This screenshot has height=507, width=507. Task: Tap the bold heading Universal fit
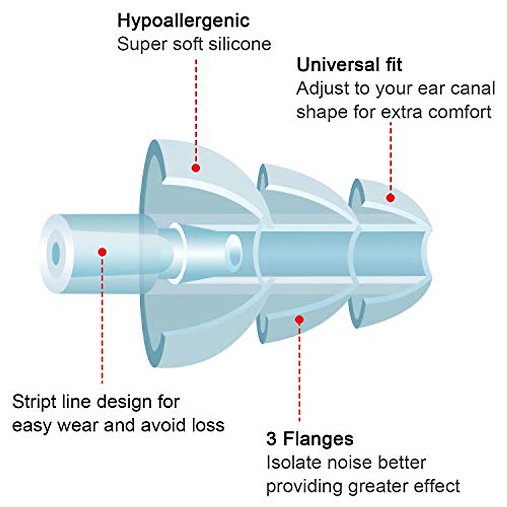pos(349,65)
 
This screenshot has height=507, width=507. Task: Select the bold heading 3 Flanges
pos(310,439)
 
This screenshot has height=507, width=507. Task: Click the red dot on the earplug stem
pos(102,252)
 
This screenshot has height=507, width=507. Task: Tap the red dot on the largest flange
pos(196,168)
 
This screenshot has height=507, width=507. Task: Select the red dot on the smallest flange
pos(390,197)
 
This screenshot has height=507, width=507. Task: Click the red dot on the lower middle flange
pos(299,320)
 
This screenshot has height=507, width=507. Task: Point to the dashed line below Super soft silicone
pos(196,110)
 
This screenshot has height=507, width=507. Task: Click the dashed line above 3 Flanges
pos(299,372)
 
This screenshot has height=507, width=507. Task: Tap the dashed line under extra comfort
pos(390,156)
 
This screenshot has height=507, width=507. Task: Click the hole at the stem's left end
pos(56,252)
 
